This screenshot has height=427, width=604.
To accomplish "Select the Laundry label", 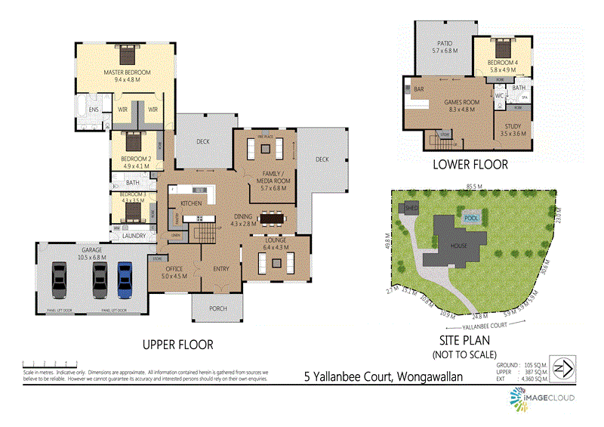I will tap(134, 236).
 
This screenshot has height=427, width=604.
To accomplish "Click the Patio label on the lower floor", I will tap(445, 47).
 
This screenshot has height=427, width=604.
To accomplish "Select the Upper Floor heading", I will tap(178, 345).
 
